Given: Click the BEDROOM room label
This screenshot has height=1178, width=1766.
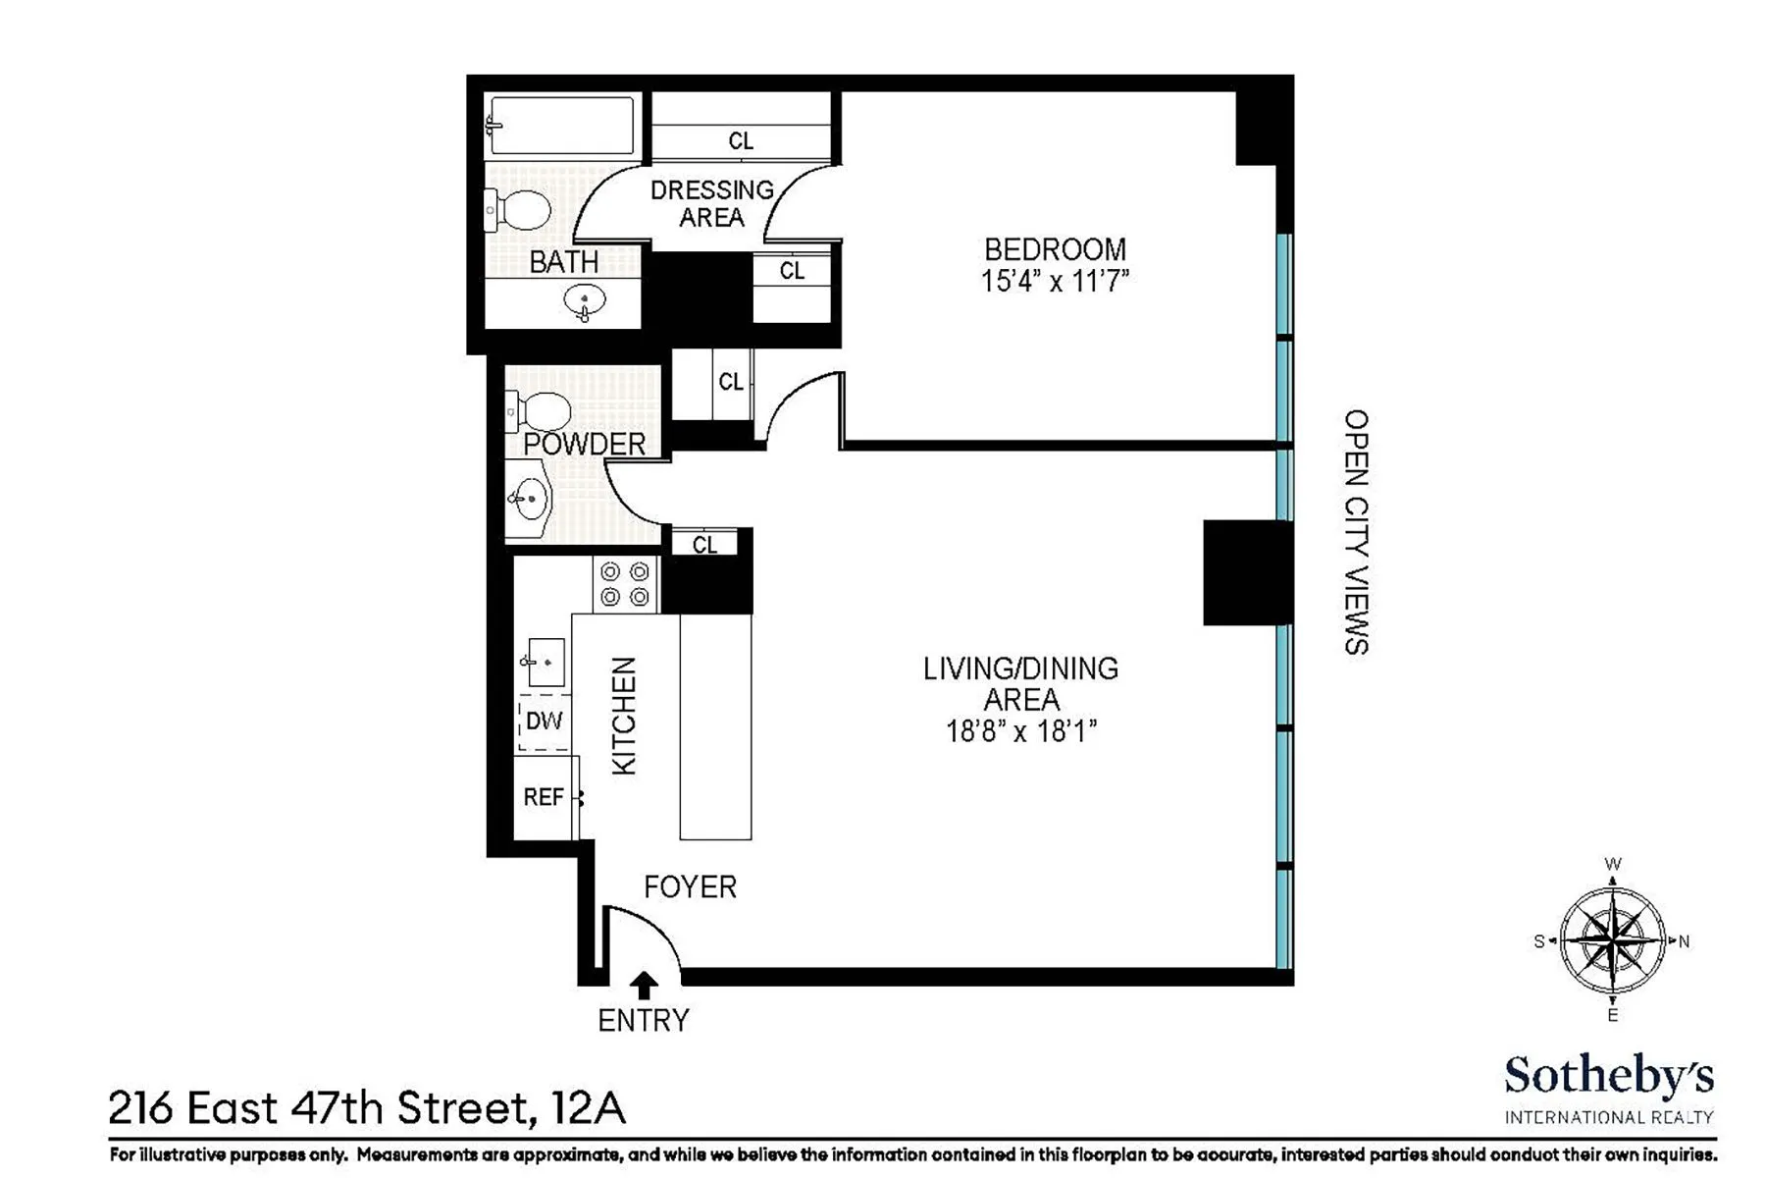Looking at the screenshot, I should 1055,249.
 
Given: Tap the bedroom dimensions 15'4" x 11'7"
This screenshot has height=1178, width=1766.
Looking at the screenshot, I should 1055,282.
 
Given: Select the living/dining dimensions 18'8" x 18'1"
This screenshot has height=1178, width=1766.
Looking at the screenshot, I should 1020,732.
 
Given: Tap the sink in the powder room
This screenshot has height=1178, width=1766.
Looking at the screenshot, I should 530,500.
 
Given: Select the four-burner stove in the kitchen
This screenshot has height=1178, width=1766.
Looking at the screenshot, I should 625,584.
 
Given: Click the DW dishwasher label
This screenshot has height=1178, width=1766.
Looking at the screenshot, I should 544,722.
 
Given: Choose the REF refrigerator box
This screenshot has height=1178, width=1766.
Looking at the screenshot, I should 545,797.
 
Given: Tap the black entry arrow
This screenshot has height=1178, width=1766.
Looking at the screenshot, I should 644,985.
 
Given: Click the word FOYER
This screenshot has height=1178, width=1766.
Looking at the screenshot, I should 690,887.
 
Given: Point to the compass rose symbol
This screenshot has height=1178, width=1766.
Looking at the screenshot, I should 1612,940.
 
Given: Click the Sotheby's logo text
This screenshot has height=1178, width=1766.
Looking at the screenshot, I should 1609,1077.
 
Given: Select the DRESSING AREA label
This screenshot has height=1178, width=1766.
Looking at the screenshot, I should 712,203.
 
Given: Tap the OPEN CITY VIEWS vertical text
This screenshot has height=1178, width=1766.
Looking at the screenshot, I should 1356,532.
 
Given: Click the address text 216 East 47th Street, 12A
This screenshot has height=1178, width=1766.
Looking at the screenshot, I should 367,1109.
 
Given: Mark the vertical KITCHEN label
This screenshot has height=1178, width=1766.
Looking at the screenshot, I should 625,716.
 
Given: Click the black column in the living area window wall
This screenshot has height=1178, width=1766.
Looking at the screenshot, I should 1244,572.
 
